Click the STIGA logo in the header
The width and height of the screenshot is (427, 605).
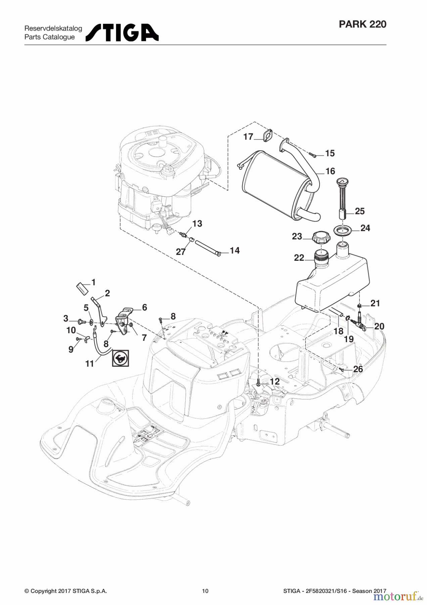[122, 33]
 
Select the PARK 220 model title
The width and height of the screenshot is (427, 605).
[362, 24]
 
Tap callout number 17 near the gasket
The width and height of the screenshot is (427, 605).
[248, 136]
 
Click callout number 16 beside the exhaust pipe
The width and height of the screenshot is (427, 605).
[330, 171]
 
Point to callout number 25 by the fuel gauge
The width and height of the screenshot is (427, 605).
[360, 211]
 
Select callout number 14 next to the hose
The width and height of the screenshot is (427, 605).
[235, 250]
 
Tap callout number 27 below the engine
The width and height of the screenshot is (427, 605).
[181, 252]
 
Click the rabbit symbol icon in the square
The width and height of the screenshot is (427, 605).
[120, 358]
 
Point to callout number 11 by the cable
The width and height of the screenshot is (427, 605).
[89, 363]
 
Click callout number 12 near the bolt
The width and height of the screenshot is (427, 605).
[275, 381]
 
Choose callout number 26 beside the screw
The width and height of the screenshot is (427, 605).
[358, 369]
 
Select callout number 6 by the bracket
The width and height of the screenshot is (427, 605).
[144, 307]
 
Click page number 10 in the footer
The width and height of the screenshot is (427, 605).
[205, 591]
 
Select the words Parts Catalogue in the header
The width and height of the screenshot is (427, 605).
[49, 37]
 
